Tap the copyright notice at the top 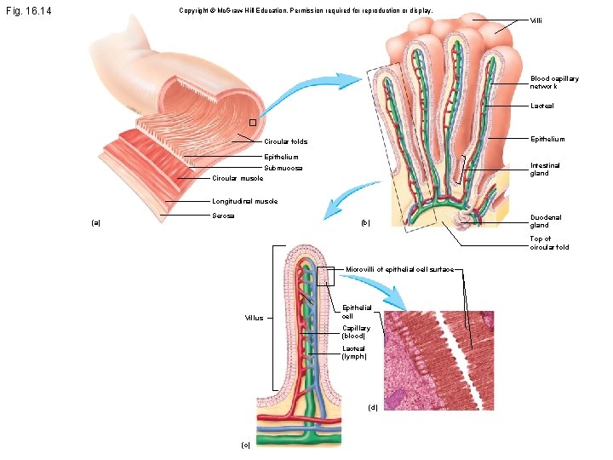pyautogui.click(x=306, y=11)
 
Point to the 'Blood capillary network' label pyautogui.click(x=554, y=83)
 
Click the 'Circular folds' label pyautogui.click(x=285, y=141)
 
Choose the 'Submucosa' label pyautogui.click(x=284, y=168)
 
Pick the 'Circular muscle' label pyautogui.click(x=238, y=178)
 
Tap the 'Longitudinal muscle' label pyautogui.click(x=243, y=202)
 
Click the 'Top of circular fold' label pyautogui.click(x=549, y=243)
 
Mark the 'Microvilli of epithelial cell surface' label pyautogui.click(x=400, y=270)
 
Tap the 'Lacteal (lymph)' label pyautogui.click(x=354, y=352)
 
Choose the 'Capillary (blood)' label pyautogui.click(x=356, y=331)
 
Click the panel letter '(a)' pyautogui.click(x=96, y=223)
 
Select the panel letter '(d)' pyautogui.click(x=373, y=406)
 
